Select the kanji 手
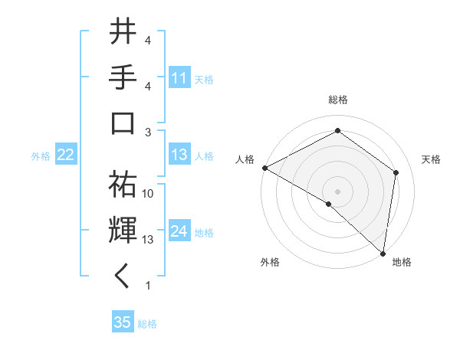[123, 78]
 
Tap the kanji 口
[123, 123]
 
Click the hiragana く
[123, 277]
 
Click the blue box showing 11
[179, 78]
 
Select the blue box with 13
[179, 155]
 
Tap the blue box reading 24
[179, 231]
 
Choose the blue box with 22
[65, 155]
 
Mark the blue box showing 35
[123, 322]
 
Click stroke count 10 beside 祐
[148, 194]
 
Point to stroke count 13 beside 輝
[148, 240]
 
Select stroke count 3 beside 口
[148, 132]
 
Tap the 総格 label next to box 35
[147, 324]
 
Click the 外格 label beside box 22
[41, 156]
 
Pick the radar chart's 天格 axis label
[431, 159]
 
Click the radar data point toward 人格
[264, 168]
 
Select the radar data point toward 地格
[383, 254]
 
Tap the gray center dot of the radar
[337, 191]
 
